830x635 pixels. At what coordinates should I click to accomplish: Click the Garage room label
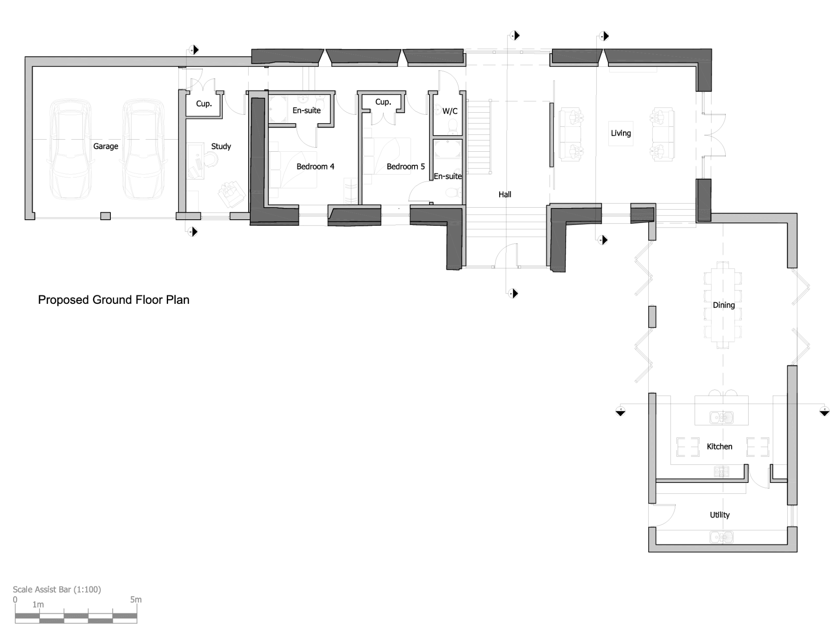pos(105,146)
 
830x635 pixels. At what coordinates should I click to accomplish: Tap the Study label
pos(221,146)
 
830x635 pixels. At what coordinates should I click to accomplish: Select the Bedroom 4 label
pos(315,167)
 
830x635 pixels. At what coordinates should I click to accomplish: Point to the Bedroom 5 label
pos(405,167)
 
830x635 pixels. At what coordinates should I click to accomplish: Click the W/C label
pos(450,111)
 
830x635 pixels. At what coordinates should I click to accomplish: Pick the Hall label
pos(505,194)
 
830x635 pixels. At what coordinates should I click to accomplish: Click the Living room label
pos(620,133)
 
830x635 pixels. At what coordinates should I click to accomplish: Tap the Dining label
pos(723,305)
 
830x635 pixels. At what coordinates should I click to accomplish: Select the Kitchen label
pos(719,446)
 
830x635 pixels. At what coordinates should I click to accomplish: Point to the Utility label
pos(719,515)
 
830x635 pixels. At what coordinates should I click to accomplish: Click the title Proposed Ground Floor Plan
pos(114,300)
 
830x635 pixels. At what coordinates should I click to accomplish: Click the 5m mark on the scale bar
pos(136,599)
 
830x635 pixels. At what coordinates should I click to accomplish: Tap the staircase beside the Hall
pos(479,137)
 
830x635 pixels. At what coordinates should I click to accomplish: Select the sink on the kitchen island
pos(721,417)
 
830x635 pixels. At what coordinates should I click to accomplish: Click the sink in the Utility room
pos(721,537)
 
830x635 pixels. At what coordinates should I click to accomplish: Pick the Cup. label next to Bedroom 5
pos(383,102)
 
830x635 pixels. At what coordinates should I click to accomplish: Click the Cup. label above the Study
pos(204,104)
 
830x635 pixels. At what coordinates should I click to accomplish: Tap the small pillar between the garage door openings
pos(105,216)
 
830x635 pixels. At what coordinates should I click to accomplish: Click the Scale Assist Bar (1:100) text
pos(57,589)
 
